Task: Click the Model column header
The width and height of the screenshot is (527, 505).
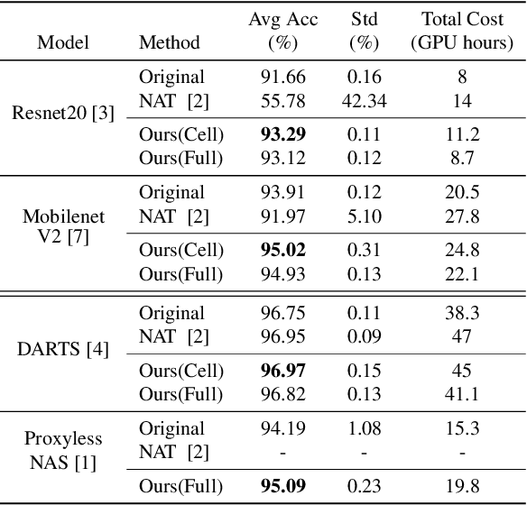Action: [60, 42]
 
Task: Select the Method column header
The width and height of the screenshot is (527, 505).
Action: [170, 42]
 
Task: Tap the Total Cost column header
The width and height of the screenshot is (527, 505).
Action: [461, 31]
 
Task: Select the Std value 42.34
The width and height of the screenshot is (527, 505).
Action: [365, 101]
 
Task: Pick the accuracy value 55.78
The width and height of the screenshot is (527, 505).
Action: [283, 101]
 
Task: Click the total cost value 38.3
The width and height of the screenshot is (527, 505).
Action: [461, 314]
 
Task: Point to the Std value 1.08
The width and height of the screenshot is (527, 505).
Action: [365, 428]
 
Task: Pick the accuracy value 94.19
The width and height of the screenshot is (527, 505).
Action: [283, 428]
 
